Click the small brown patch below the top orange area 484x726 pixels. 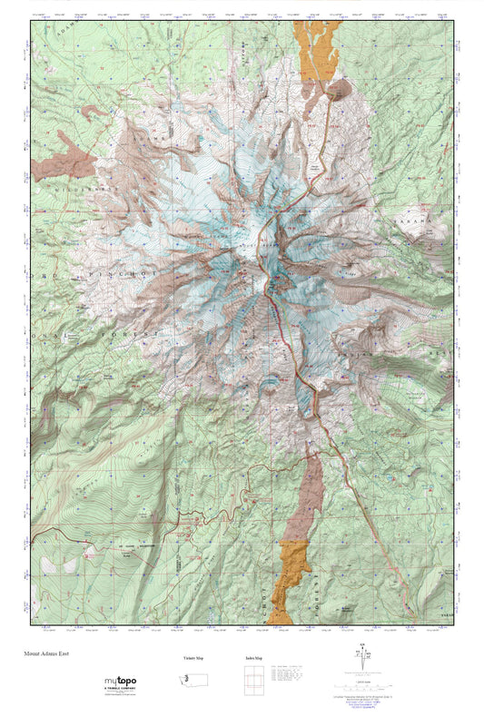point(341,89)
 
